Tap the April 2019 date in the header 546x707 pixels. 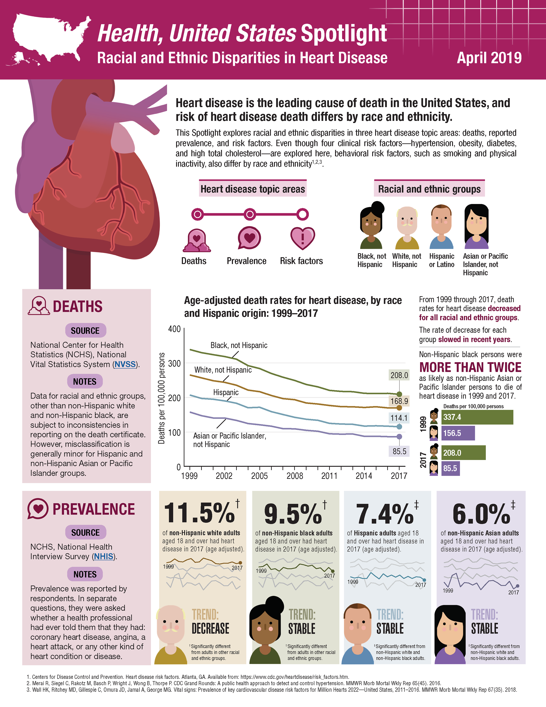coord(489,58)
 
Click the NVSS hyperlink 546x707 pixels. coord(125,364)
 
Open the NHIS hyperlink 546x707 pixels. coord(104,556)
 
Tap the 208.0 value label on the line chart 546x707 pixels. coord(399,375)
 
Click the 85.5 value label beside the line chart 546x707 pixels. coord(399,451)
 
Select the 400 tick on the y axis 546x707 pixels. coord(174,329)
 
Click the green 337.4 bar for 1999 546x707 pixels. coord(477,417)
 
